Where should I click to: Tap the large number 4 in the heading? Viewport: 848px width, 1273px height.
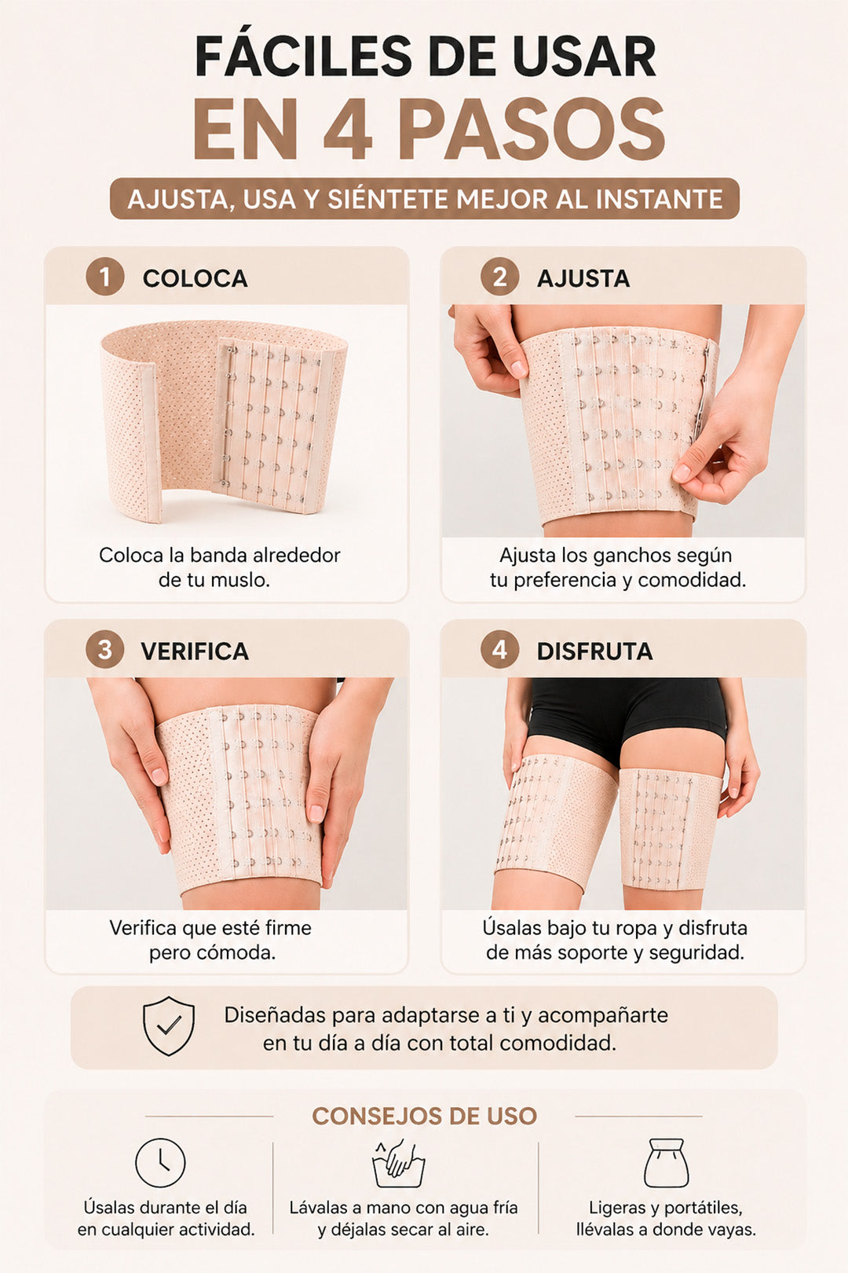coord(348,129)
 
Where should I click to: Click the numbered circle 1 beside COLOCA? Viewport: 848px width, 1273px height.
coord(104,277)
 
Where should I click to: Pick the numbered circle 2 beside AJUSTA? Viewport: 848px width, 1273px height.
coord(499,277)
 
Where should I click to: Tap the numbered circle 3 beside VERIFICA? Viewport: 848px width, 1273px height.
coord(104,650)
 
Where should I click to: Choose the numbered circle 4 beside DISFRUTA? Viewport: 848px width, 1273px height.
coord(499,650)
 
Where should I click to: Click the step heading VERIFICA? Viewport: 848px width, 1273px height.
coord(195,651)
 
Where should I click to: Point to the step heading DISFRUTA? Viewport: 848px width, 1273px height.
coord(594,651)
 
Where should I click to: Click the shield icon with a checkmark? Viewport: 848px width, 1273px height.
coord(169,1025)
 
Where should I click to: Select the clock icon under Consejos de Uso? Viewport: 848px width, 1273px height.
coord(160,1162)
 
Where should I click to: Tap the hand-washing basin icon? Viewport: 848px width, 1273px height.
coord(399,1163)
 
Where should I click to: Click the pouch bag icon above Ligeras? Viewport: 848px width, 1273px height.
coord(667,1163)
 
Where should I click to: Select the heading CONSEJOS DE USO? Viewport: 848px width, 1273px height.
coord(424,1116)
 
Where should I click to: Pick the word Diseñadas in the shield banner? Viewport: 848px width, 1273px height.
coord(275,1015)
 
